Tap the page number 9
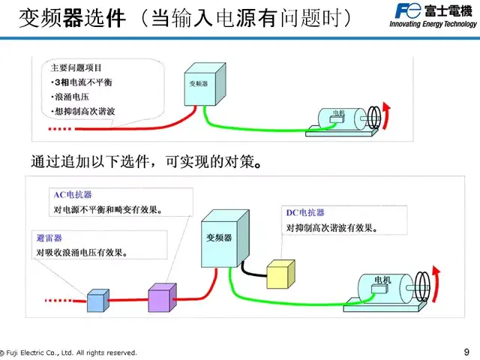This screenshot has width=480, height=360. (x=467, y=352)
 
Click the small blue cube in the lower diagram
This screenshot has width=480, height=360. (x=98, y=300)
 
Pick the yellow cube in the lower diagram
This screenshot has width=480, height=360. (x=283, y=274)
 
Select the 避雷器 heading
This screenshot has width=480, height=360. (x=49, y=238)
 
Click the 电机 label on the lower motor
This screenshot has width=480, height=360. (x=382, y=280)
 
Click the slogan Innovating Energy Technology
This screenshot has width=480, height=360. (x=433, y=24)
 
